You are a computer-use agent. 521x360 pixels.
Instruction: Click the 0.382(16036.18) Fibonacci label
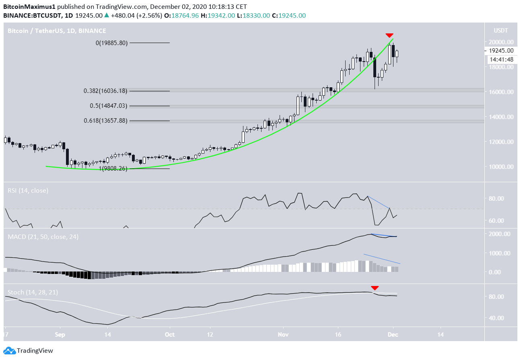click(x=105, y=91)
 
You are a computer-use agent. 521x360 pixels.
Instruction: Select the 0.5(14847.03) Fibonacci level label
click(x=108, y=106)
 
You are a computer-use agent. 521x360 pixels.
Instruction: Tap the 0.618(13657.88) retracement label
click(x=105, y=120)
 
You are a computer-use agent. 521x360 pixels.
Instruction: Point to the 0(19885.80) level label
click(x=111, y=43)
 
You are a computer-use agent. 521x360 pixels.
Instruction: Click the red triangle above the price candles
click(x=389, y=35)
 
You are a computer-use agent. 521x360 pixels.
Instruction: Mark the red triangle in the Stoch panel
click(x=375, y=288)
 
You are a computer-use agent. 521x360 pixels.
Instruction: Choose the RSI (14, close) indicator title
click(x=28, y=191)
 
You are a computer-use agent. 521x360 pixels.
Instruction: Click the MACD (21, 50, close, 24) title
click(x=43, y=237)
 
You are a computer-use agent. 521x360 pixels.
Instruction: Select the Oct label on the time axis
click(x=170, y=334)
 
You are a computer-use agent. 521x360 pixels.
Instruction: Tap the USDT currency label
click(x=501, y=31)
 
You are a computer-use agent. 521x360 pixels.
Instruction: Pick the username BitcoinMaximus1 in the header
click(x=30, y=7)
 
